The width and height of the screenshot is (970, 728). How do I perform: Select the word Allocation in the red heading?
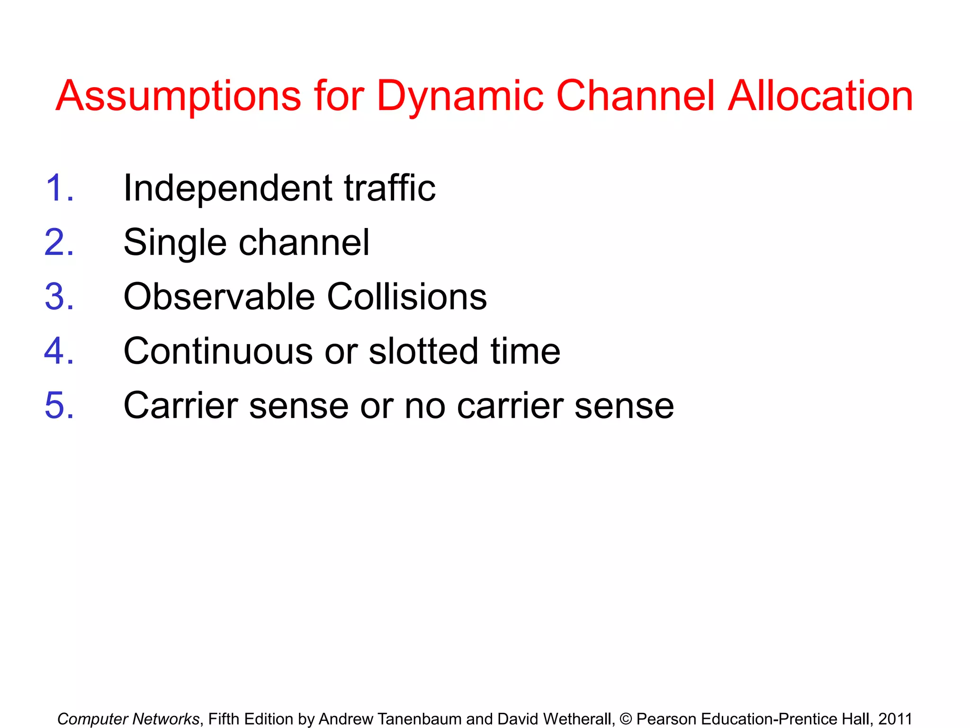click(820, 96)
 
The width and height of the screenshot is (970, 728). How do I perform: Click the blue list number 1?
click(59, 188)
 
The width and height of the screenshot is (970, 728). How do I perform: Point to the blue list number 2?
click(59, 243)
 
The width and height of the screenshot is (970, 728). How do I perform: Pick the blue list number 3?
click(59, 297)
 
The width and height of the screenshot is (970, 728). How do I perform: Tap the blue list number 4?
click(59, 351)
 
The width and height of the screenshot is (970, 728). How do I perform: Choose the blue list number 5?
click(59, 406)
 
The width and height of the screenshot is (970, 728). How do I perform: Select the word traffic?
click(389, 188)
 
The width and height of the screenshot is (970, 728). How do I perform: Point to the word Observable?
click(219, 297)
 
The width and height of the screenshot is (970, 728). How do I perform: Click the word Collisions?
click(407, 297)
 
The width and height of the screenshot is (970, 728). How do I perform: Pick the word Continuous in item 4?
click(218, 351)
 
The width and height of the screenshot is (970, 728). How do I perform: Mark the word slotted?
click(423, 351)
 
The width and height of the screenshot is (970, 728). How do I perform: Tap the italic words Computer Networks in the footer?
click(128, 719)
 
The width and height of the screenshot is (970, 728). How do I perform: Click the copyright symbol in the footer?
click(626, 719)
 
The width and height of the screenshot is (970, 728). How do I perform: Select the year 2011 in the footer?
click(895, 719)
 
